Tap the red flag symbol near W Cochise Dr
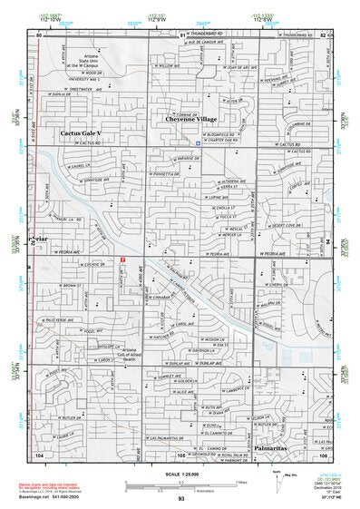click(123, 260)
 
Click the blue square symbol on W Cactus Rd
click(199, 142)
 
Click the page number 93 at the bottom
click(181, 498)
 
